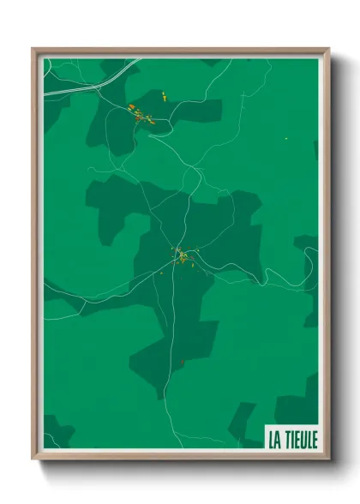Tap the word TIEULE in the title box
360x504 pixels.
click(x=300, y=440)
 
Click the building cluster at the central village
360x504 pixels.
click(x=182, y=255)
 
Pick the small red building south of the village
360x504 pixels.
click(x=182, y=362)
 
